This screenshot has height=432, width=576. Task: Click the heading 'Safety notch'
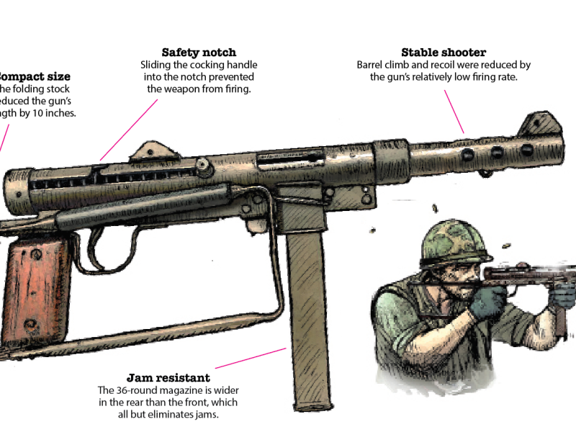point(199,53)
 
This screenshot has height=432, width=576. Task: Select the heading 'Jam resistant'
point(168,377)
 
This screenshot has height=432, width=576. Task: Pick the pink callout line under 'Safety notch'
point(129,130)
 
